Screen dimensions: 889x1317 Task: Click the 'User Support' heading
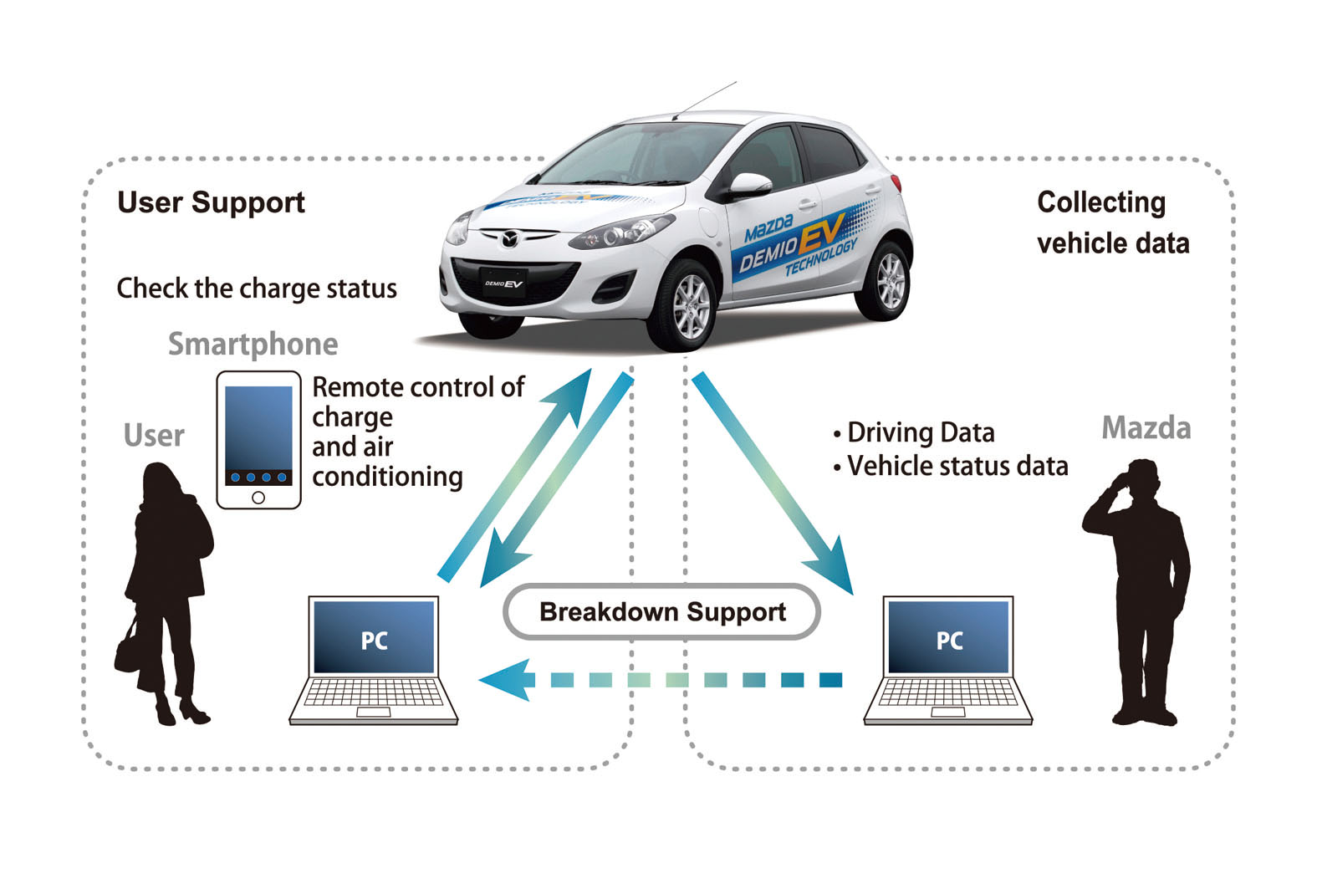tap(211, 202)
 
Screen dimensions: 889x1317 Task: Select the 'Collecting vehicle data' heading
tap(1112, 222)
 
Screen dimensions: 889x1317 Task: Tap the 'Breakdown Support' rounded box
tap(661, 611)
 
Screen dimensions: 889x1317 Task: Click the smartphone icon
tap(258, 440)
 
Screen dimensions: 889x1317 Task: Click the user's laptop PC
tap(374, 661)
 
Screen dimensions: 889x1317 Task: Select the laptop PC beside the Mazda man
tap(948, 661)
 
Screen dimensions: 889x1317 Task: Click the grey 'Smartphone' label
tap(253, 344)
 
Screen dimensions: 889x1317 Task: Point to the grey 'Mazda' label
tap(1146, 427)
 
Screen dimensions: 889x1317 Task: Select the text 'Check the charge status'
tap(257, 289)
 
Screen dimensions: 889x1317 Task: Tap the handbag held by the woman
tap(130, 648)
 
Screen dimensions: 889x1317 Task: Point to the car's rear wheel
tap(889, 279)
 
